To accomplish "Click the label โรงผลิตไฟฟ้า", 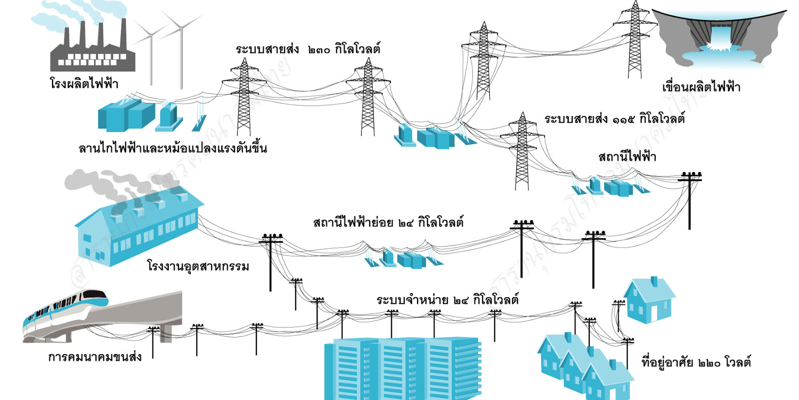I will coord(84,83).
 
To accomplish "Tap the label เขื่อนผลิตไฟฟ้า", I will coord(701,87).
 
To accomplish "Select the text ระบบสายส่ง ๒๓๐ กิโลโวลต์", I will coord(308,49).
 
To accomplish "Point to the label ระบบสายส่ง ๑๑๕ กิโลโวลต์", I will coord(614,119).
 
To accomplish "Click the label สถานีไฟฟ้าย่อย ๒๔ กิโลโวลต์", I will coord(388,222).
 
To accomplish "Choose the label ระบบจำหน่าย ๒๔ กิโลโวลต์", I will coord(447,300).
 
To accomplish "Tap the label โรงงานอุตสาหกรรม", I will coord(198,265).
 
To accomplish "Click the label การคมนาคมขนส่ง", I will coord(95,357).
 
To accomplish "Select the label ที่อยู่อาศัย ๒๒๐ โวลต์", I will coord(696,362).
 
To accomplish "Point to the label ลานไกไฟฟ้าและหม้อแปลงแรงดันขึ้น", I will coord(173,148).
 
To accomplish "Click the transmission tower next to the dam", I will coord(635,40).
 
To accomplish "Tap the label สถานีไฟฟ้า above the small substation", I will coord(627,157).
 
